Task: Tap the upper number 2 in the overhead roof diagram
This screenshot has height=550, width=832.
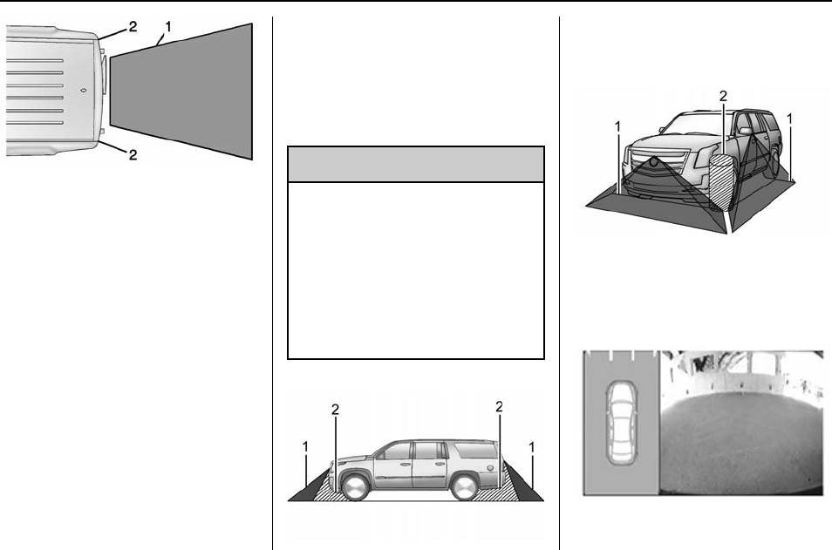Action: pyautogui.click(x=133, y=26)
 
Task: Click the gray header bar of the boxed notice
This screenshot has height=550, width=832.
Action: pyautogui.click(x=416, y=164)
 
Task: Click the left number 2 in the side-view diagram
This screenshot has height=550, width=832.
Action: pyautogui.click(x=334, y=408)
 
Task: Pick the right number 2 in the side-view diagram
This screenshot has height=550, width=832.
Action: pyautogui.click(x=499, y=406)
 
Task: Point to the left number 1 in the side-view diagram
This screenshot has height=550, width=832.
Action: pyautogui.click(x=306, y=445)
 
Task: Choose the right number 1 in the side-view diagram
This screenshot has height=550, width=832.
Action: pyautogui.click(x=532, y=445)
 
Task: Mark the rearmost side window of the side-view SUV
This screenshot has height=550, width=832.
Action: pyautogui.click(x=471, y=450)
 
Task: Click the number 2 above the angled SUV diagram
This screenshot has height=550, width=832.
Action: pyautogui.click(x=722, y=94)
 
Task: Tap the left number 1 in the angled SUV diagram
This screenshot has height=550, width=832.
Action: pyautogui.click(x=617, y=126)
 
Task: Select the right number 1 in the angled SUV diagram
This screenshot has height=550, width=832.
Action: pyautogui.click(x=789, y=118)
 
